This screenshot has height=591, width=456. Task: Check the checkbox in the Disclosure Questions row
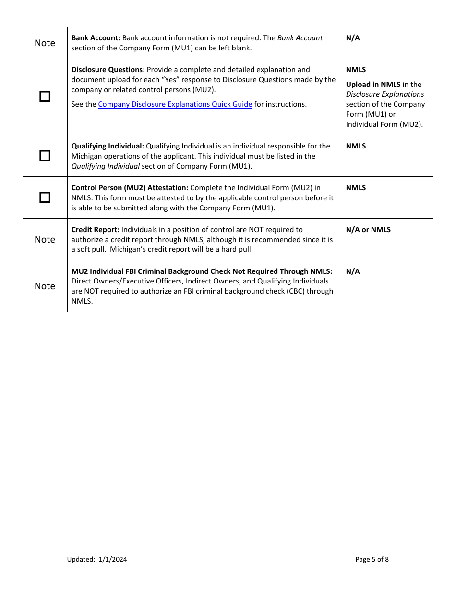45,97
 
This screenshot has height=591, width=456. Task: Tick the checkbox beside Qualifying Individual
45,156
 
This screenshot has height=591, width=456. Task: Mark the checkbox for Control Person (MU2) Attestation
45,197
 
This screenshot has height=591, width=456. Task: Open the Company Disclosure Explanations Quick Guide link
175,104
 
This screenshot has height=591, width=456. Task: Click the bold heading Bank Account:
96,38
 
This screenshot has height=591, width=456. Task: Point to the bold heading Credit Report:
96,230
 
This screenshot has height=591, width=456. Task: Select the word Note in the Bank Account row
45,43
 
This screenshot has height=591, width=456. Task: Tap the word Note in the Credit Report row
45,240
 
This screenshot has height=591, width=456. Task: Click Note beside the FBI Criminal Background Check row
45,286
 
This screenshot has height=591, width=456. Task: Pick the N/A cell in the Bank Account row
353,38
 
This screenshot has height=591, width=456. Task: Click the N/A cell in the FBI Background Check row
353,271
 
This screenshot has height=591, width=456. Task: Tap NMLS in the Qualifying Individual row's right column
356,146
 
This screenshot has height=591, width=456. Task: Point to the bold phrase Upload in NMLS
373,85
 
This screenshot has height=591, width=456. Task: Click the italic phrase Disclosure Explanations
385,94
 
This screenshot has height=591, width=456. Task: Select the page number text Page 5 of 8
372,559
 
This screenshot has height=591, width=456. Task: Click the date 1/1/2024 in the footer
113,559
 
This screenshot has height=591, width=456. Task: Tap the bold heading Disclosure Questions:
108,70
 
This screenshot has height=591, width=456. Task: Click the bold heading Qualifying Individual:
108,146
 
